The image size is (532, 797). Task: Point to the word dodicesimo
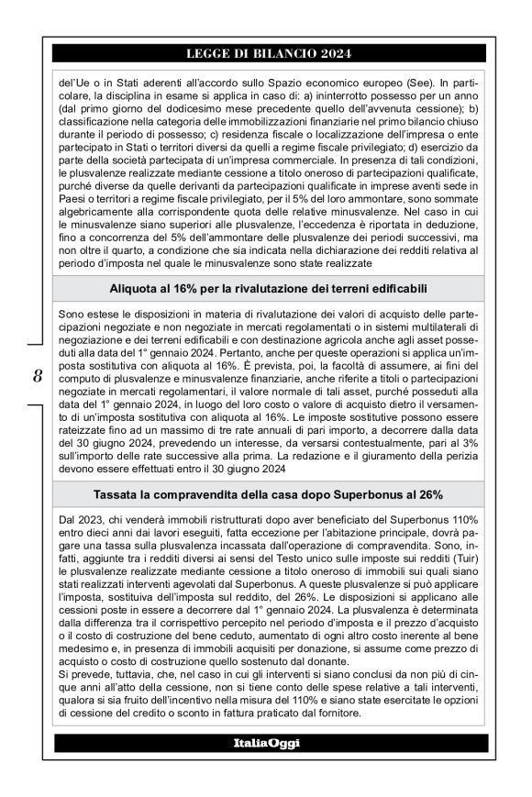pyautogui.click(x=170, y=108)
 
